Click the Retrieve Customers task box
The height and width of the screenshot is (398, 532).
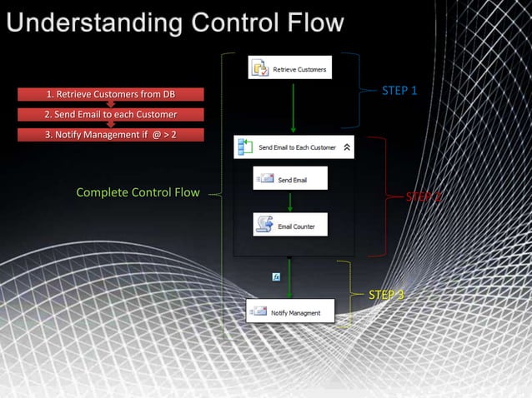coord(291,68)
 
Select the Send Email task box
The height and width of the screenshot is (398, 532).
coord(290,178)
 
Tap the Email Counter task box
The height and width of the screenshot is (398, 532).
coord(290,225)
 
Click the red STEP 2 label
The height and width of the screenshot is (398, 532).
coord(423,197)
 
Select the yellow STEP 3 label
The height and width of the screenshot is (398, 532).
coord(386,295)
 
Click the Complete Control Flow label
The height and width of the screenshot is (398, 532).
coord(138,193)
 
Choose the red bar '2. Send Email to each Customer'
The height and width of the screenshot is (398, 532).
coord(110,114)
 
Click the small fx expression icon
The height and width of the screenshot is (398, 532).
coord(276,276)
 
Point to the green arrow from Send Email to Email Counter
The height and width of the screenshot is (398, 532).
coord(289,201)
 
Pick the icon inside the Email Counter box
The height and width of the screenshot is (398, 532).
coord(264,225)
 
